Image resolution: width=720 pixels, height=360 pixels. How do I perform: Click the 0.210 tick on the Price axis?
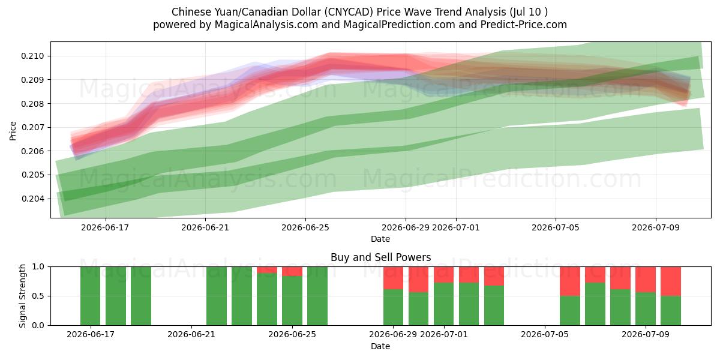[x=32, y=56]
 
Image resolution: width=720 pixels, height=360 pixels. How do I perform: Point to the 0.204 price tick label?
[x=32, y=199]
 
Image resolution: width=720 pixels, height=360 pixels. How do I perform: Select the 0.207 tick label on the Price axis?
[x=32, y=128]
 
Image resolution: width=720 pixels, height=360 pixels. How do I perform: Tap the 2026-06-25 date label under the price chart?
[x=305, y=227]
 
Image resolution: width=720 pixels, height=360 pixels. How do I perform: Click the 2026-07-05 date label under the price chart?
[x=556, y=227]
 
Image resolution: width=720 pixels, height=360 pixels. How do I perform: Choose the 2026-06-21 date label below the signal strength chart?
[x=191, y=335]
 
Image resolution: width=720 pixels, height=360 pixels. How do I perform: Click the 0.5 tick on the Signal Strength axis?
[x=38, y=296]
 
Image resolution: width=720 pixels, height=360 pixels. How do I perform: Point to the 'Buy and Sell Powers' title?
[x=380, y=257]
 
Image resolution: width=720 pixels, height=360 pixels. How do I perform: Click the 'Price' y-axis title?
[x=13, y=131]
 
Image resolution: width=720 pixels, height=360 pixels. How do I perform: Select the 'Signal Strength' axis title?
[x=22, y=296]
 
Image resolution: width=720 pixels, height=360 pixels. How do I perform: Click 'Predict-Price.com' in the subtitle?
[x=524, y=25]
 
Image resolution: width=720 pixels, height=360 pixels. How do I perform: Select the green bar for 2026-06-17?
[x=91, y=296]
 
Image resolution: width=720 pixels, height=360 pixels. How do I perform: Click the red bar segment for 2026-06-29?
[x=393, y=278]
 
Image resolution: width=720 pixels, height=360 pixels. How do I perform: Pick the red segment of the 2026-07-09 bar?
[x=646, y=280]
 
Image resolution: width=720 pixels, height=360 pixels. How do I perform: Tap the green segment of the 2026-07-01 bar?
[x=443, y=304]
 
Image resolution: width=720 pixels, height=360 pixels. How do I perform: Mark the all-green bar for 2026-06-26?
[x=317, y=296]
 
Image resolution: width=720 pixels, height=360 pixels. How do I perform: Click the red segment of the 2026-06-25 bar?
[x=292, y=271]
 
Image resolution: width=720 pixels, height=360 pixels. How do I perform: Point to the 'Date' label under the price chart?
[x=380, y=239]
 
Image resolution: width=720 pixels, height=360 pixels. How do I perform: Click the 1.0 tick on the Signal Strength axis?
[x=38, y=267]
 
